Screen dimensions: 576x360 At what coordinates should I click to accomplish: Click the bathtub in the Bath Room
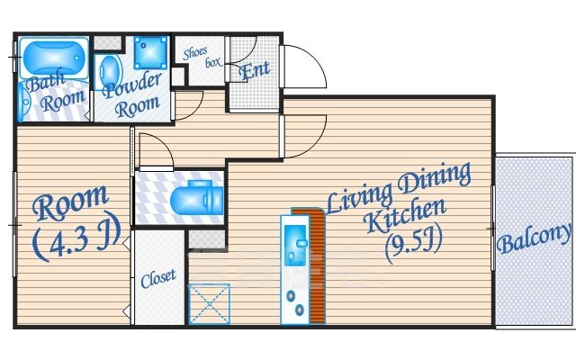pos(54,58)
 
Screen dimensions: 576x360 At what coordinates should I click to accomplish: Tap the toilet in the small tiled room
pos(196,199)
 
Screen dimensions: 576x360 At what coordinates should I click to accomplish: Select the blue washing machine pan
pos(151,52)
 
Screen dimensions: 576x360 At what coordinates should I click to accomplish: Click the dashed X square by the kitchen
pos(209,304)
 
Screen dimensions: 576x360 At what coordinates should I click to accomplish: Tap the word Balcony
pos(535,238)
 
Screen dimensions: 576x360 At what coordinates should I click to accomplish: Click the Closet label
pos(158,278)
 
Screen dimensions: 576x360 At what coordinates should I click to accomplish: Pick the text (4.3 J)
pos(76,236)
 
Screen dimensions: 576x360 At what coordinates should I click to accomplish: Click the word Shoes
pos(195,53)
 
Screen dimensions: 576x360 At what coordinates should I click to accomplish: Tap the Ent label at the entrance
pos(254,70)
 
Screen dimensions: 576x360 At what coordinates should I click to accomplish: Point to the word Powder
pos(132,85)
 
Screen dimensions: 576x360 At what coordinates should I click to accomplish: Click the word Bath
pos(46,82)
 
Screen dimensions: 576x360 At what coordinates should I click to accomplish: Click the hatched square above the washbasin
pos(107,42)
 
